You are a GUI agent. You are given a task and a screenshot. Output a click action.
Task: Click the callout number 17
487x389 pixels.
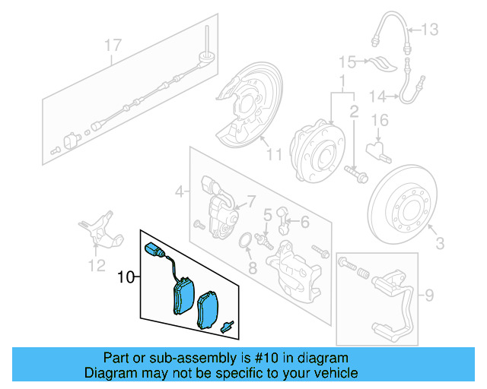click(x=113, y=46)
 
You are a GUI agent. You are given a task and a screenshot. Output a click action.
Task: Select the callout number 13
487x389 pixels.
click(x=430, y=30)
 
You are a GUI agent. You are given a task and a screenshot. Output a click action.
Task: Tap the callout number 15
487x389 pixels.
click(x=347, y=61)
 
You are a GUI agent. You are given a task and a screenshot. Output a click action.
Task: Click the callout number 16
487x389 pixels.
click(x=380, y=120)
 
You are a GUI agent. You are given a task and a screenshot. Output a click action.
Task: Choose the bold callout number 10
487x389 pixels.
click(x=126, y=278)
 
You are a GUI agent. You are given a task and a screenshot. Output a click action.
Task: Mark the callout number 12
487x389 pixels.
click(x=96, y=265)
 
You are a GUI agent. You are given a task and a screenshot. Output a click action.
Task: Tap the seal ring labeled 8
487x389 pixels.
click(x=247, y=242)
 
